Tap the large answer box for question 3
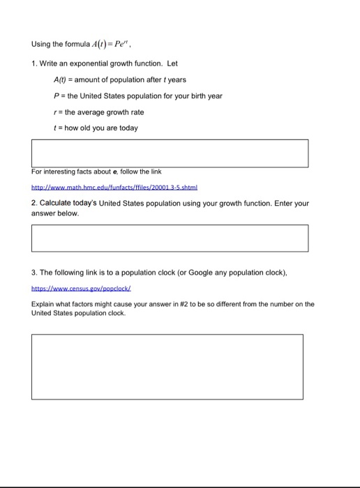(167, 367)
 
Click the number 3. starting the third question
(33, 271)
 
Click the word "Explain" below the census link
(43, 304)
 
